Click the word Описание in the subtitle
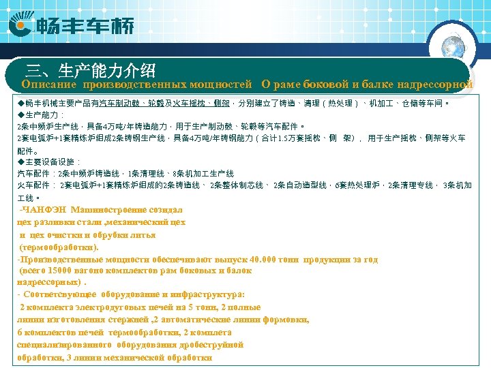click(x=48, y=85)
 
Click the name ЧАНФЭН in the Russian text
click(x=44, y=209)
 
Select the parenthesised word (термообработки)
click(x=58, y=247)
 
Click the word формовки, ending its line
click(x=286, y=319)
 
